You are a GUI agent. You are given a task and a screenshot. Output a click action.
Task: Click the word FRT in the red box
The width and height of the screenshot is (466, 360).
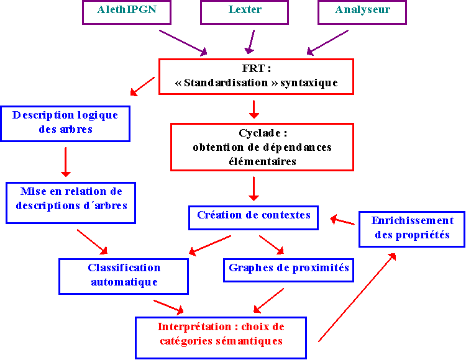click(x=254, y=68)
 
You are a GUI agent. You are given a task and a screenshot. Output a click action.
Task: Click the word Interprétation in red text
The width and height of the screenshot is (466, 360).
click(x=194, y=326)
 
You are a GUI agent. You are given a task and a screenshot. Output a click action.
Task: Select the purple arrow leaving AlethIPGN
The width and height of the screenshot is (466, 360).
click(x=183, y=43)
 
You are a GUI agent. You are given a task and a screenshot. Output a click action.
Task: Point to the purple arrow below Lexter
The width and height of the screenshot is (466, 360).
click(x=250, y=42)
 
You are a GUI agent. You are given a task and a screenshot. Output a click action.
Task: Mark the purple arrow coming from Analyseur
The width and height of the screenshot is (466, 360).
click(x=327, y=42)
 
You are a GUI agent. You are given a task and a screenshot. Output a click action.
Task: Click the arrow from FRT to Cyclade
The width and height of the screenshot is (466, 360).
click(x=254, y=109)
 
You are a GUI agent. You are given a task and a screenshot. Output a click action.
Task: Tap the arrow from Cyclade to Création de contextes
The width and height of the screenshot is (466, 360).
click(x=254, y=189)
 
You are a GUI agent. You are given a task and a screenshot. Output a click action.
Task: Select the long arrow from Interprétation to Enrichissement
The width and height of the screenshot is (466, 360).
click(x=357, y=297)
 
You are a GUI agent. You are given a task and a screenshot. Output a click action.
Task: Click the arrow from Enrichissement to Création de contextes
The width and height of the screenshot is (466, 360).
click(x=342, y=220)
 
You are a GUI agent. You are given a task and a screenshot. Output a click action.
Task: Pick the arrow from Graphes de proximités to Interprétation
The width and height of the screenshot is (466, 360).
click(x=268, y=300)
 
